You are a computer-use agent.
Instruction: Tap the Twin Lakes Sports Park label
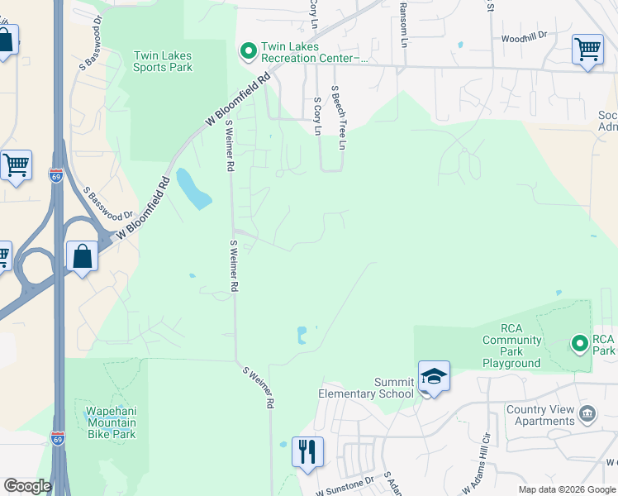coord(163,61)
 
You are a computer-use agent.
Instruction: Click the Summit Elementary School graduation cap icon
coord(434,377)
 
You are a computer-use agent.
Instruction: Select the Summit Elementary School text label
coord(366,388)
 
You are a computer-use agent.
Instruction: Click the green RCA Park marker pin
coord(579,342)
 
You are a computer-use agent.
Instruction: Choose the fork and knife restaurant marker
coord(307,451)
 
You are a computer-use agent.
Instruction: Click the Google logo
coord(27,486)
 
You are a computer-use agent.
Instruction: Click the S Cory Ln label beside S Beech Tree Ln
coord(317,116)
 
